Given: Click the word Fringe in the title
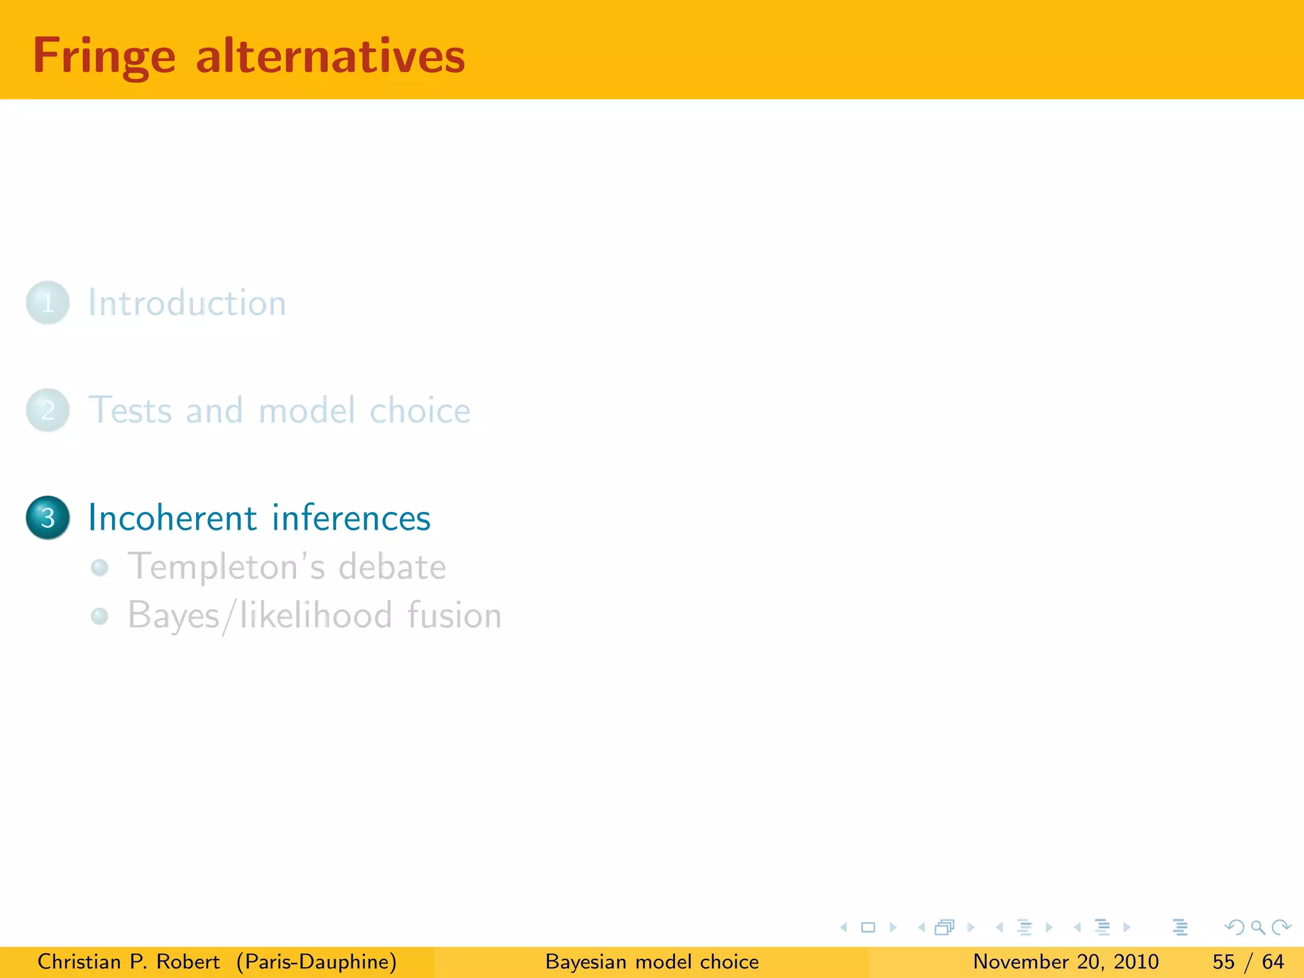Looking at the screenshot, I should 104,57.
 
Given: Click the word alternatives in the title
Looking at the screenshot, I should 330,57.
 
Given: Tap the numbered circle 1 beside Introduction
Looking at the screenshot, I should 48,302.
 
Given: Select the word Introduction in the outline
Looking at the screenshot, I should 187,302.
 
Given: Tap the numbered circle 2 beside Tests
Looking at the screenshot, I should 48,410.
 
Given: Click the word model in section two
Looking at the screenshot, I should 307,410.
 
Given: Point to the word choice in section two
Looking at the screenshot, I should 420,410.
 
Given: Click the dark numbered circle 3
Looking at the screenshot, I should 48,518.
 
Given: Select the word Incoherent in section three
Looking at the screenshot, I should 172,518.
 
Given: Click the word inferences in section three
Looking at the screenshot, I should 351,518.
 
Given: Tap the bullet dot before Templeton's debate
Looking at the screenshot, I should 99,567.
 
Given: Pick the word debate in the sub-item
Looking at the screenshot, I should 392,567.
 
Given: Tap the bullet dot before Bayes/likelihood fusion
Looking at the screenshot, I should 99,616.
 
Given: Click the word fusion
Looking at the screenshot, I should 454,616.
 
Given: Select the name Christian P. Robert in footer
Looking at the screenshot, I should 129,961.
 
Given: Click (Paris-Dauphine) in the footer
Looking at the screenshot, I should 316,961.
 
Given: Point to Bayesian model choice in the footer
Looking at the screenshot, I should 652,961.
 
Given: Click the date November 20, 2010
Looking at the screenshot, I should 1066,961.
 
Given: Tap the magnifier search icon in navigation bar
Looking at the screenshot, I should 1258,927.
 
